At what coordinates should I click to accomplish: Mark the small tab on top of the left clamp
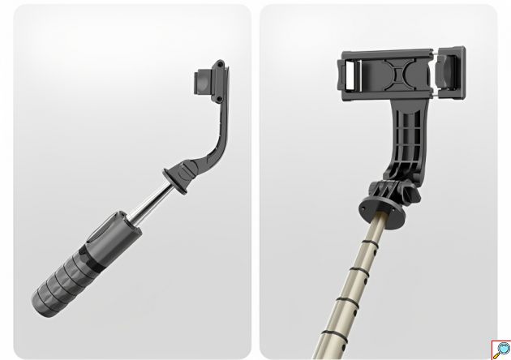219,63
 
